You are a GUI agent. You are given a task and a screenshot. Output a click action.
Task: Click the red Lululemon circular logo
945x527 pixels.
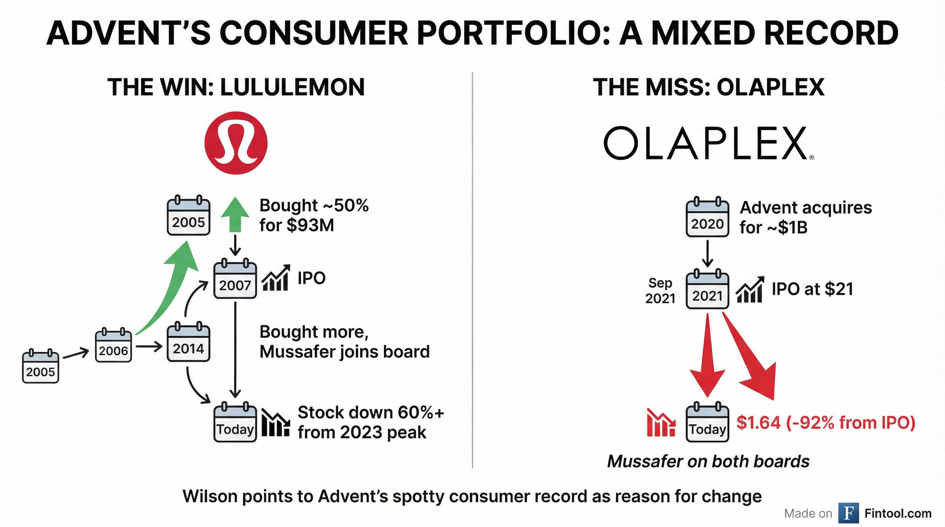[x=236, y=143]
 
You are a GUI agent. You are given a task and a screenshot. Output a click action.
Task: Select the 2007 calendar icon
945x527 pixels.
[x=235, y=279]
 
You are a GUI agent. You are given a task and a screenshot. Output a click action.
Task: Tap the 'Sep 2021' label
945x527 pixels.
[x=660, y=291]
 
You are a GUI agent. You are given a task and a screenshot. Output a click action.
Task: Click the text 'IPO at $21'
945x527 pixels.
[x=812, y=289]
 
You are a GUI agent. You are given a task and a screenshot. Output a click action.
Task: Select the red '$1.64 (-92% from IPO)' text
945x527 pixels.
[x=826, y=423]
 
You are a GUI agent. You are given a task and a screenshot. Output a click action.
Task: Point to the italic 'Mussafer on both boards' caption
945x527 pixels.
[x=708, y=461]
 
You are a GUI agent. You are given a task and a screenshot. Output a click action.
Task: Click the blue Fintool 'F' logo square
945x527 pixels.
[x=849, y=513]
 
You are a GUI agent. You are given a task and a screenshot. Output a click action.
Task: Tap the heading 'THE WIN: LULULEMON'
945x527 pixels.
[x=236, y=87]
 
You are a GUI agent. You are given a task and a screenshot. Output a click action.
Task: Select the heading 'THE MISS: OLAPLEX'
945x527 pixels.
[x=708, y=87]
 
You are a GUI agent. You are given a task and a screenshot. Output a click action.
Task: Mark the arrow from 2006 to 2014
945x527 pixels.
[x=149, y=346]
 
